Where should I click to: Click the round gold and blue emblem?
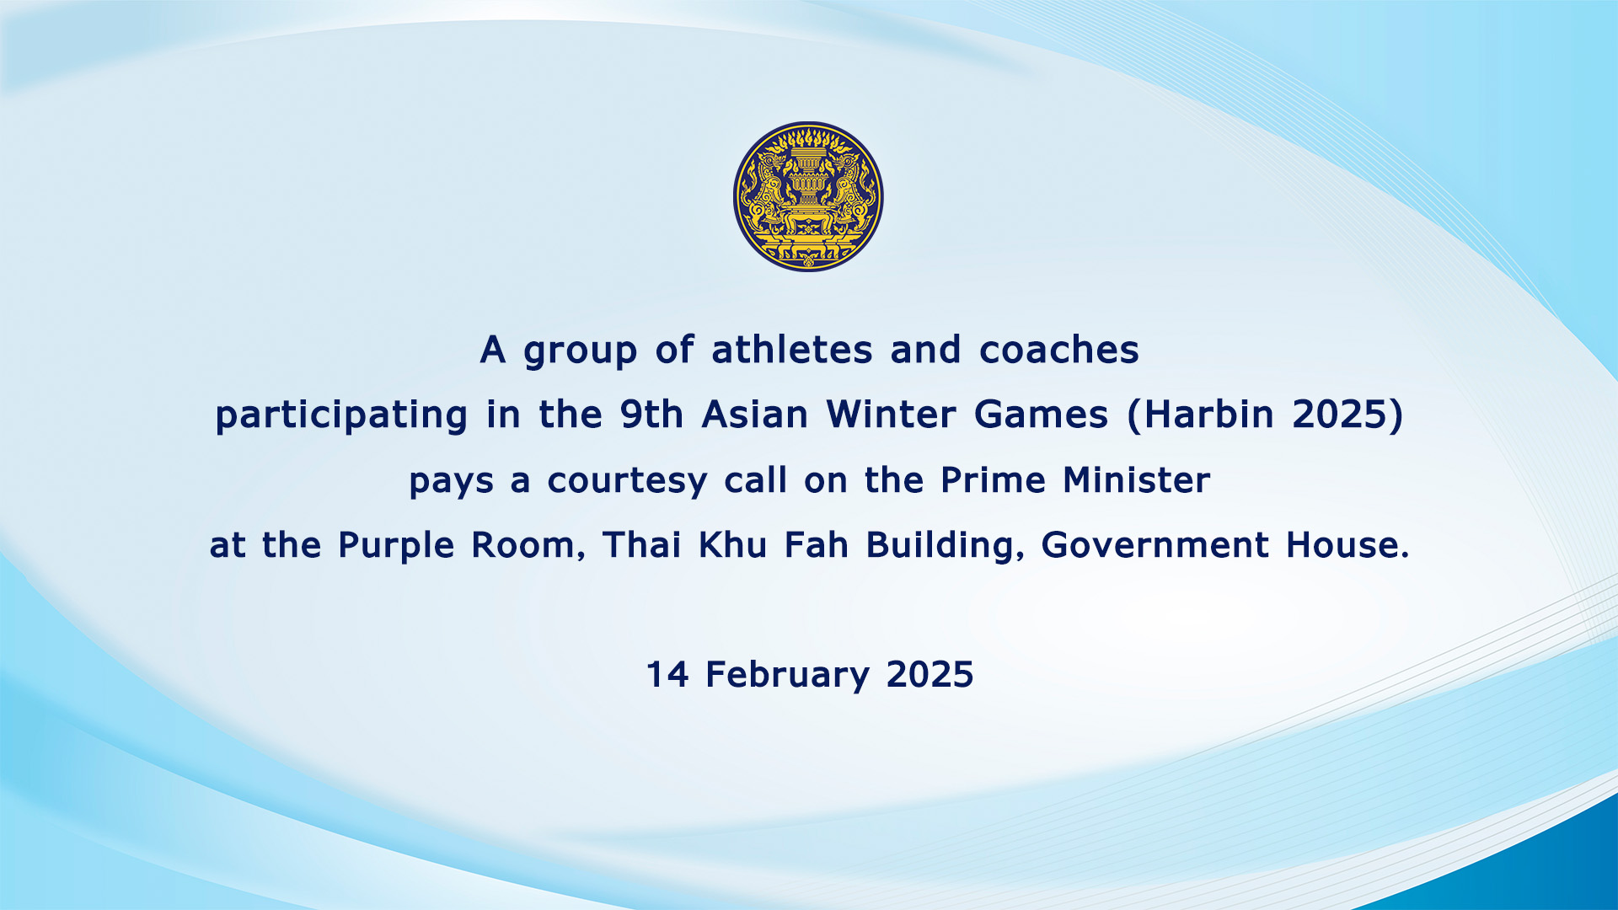pos(808,196)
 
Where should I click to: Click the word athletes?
pos(792,349)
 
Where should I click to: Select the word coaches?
pos(1059,349)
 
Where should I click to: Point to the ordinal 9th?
pos(651,414)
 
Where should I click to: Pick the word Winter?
pos(891,414)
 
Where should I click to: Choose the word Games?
pos(1041,414)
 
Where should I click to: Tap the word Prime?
pos(993,479)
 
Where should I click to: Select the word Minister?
pos(1137,479)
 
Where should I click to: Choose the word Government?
pos(1155,544)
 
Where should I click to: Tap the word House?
pos(1347,544)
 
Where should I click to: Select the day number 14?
pos(667,674)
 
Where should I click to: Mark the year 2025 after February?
pos(930,674)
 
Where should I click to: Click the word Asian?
pos(755,414)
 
